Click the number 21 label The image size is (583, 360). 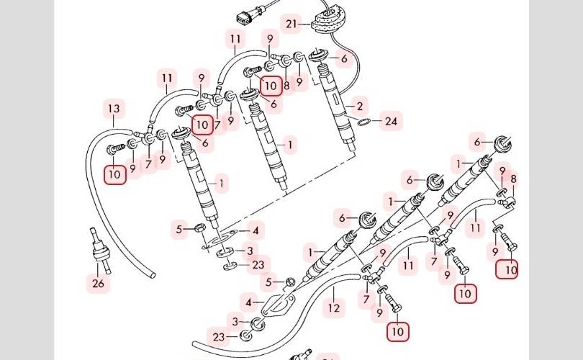(x=291, y=24)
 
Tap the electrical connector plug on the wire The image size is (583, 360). (x=246, y=17)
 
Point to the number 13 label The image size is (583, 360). (x=114, y=109)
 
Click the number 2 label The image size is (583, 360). (x=359, y=107)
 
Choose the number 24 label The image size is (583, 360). (x=391, y=121)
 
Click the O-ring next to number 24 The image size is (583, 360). (x=364, y=122)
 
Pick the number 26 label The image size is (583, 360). (x=98, y=284)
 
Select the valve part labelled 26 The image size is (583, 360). (x=99, y=251)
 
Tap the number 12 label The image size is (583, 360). (x=333, y=307)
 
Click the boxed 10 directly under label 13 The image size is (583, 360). (x=115, y=174)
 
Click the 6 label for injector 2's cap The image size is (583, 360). (x=344, y=58)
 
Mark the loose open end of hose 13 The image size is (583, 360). (x=153, y=276)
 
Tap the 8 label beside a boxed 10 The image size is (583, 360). (x=286, y=86)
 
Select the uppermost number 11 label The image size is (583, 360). (x=235, y=39)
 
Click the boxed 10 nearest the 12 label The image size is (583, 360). (x=398, y=331)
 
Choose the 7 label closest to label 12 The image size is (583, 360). (x=366, y=300)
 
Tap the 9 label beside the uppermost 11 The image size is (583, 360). (x=270, y=38)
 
